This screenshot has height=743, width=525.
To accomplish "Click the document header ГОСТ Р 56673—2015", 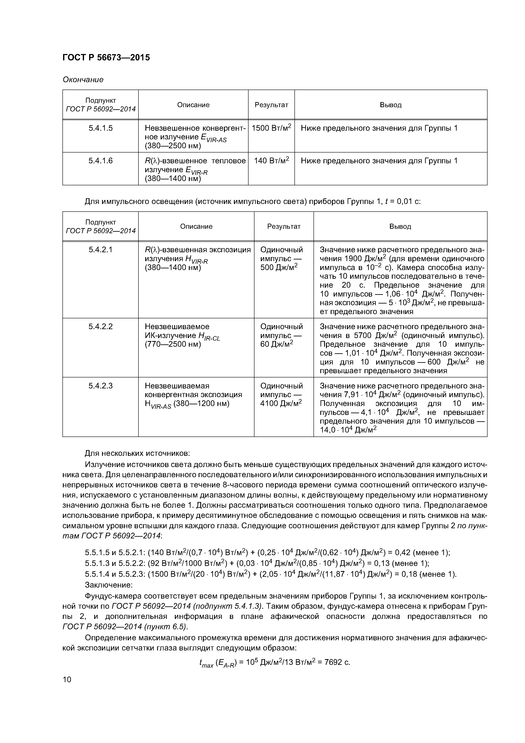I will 106,58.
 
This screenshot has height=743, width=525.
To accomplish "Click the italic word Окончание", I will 83,80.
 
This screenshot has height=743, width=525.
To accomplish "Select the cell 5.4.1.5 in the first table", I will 100,128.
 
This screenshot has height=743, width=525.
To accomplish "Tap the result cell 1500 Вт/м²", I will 271,128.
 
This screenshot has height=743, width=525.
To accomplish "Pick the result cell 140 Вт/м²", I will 271,161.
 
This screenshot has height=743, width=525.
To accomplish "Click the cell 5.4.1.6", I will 100,161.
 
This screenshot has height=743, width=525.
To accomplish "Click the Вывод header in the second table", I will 400,227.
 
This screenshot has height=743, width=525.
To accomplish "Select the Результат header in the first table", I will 271,105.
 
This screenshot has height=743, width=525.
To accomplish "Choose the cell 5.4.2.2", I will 100,327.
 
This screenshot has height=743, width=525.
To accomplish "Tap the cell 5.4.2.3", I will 100,386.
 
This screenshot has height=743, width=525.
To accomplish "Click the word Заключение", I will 108,585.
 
